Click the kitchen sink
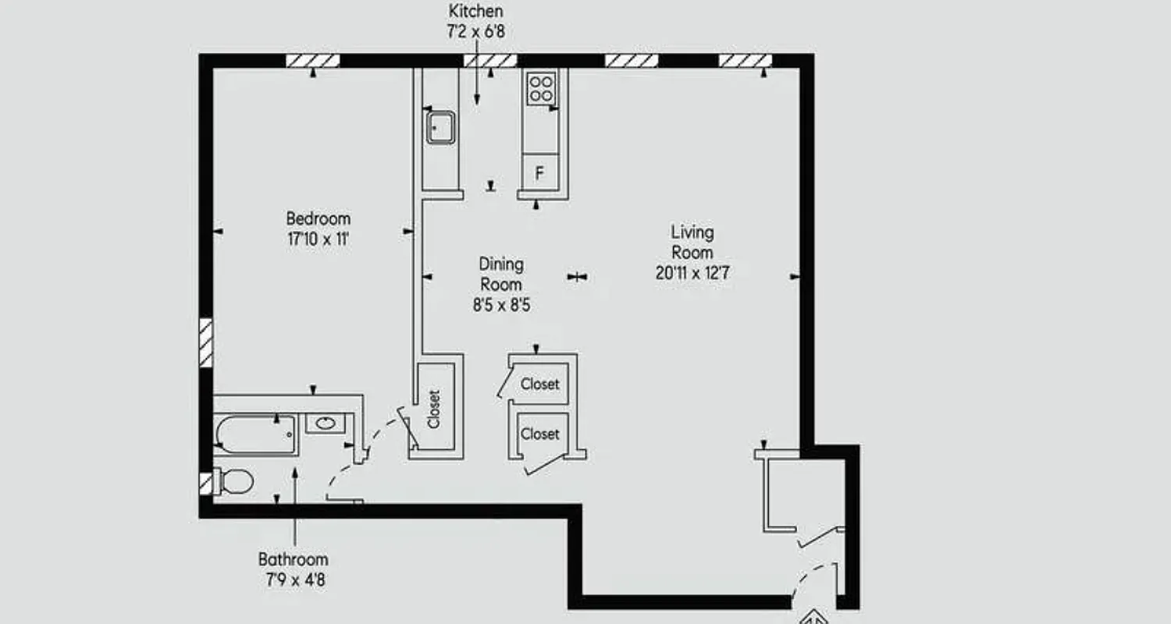point(440,126)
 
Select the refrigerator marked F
point(539,173)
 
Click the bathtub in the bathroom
point(256,434)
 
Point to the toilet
point(235,481)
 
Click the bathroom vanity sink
point(324,424)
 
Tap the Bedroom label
point(318,218)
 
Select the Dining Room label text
point(501,274)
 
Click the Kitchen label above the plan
point(475,11)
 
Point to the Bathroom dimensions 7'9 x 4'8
point(294,580)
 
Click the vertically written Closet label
point(434,409)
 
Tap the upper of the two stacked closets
point(540,384)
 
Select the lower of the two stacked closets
point(540,434)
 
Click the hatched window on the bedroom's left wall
point(206,342)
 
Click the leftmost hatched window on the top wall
point(312,61)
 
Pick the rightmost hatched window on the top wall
point(745,61)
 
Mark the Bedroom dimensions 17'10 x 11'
point(318,239)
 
